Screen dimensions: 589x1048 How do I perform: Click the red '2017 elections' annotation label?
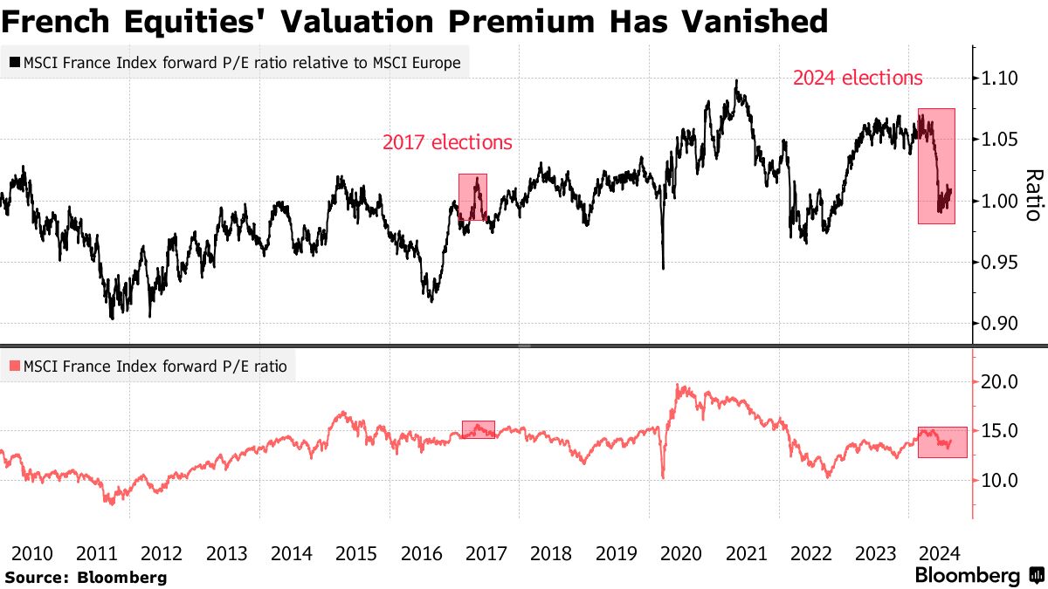tap(447, 142)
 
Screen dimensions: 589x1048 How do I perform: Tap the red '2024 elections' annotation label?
tap(858, 78)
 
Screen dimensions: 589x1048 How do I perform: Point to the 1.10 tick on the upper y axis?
tap(997, 79)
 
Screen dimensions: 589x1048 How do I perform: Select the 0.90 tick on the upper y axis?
tap(997, 324)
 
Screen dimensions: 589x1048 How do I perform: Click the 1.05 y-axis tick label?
tap(997, 140)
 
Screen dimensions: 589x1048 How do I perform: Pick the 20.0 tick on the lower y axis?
tap(999, 382)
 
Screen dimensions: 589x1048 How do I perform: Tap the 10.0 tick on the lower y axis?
tap(999, 480)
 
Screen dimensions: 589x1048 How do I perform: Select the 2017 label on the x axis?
tap(486, 553)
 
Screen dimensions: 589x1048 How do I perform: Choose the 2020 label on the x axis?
tap(681, 553)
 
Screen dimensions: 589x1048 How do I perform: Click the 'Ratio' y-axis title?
tap(1032, 194)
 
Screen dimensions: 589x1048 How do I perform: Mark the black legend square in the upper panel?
tap(15, 63)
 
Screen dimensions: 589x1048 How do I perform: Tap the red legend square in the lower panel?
tap(15, 366)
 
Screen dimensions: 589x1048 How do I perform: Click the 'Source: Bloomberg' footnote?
tap(85, 577)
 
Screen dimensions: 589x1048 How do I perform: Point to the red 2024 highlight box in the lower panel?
tap(942, 442)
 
